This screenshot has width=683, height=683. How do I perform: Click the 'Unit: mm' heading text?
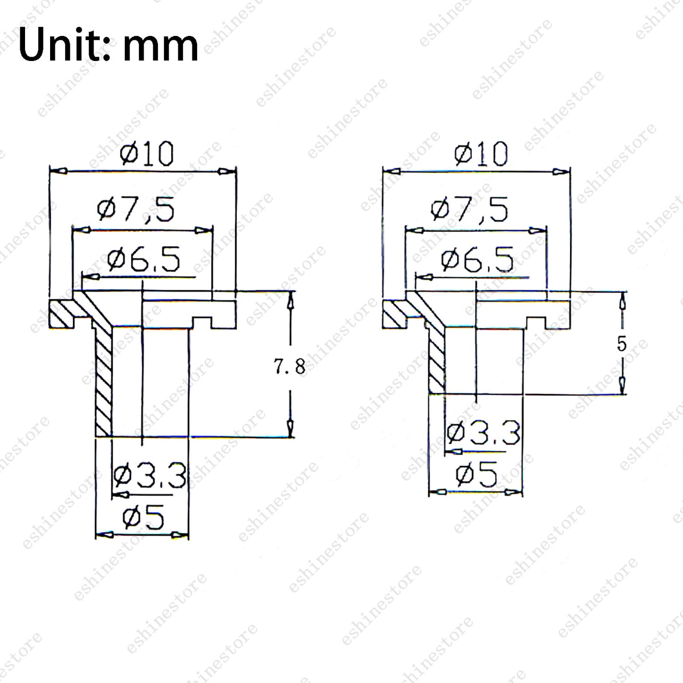pyautogui.click(x=108, y=45)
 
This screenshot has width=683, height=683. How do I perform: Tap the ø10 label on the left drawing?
pyautogui.click(x=147, y=154)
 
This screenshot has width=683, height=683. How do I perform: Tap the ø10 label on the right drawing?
pyautogui.click(x=481, y=154)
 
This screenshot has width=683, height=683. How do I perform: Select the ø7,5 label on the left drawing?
pyautogui.click(x=136, y=209)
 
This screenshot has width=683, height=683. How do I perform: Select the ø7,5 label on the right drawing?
pyautogui.click(x=469, y=209)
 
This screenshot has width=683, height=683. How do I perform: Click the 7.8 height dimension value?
pyautogui.click(x=289, y=366)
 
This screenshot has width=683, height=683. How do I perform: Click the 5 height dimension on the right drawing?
pyautogui.click(x=622, y=344)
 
